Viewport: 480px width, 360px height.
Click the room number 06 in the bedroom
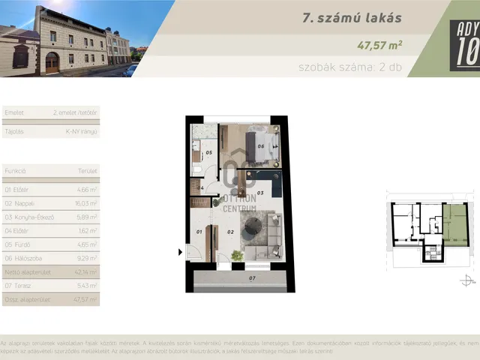tap(260, 146)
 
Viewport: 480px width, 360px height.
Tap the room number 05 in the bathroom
tap(209, 153)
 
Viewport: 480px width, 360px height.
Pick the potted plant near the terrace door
tap(238, 255)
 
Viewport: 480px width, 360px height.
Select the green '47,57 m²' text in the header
tap(380, 44)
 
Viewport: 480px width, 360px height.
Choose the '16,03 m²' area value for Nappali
tap(86, 203)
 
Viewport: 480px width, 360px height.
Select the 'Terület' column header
tap(88, 171)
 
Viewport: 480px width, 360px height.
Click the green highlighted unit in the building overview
tap(454, 225)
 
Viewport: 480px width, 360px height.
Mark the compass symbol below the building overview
tap(468, 280)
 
